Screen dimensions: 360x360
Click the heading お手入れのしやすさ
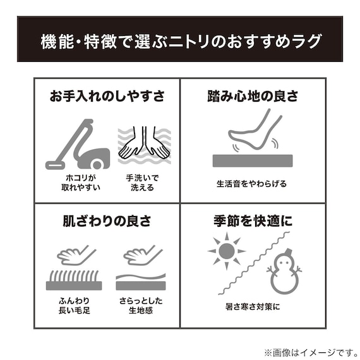pyautogui.click(x=107, y=97)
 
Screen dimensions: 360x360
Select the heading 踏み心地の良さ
pyautogui.click(x=253, y=97)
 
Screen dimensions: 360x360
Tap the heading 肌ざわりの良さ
pyautogui.click(x=107, y=222)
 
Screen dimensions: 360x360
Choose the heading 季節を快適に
pyautogui.click(x=253, y=222)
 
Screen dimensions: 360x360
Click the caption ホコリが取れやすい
pyautogui.click(x=77, y=183)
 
